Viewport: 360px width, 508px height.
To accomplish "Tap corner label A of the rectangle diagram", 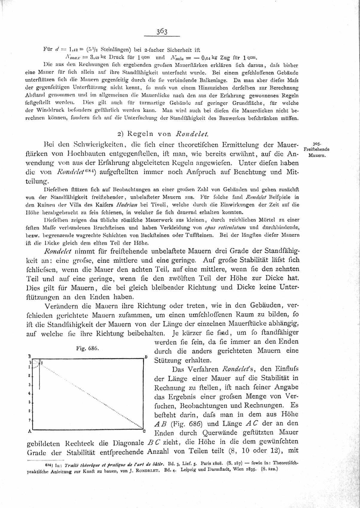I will click(29, 432).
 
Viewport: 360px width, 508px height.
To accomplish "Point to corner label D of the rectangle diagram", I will click(146, 357).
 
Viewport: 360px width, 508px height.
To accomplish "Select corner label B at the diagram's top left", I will click(29, 356).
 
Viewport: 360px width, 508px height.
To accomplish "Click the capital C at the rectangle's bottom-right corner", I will click(144, 432).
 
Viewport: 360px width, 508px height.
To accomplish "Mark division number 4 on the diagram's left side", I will click(29, 393).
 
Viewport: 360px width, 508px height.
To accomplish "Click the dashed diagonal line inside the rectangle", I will click(90, 394).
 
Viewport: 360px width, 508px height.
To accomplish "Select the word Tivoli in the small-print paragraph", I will click(161, 205).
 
